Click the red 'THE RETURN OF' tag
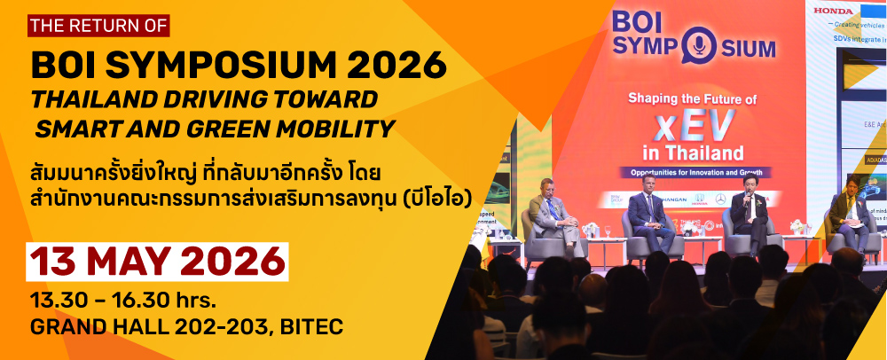click(x=97, y=25)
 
